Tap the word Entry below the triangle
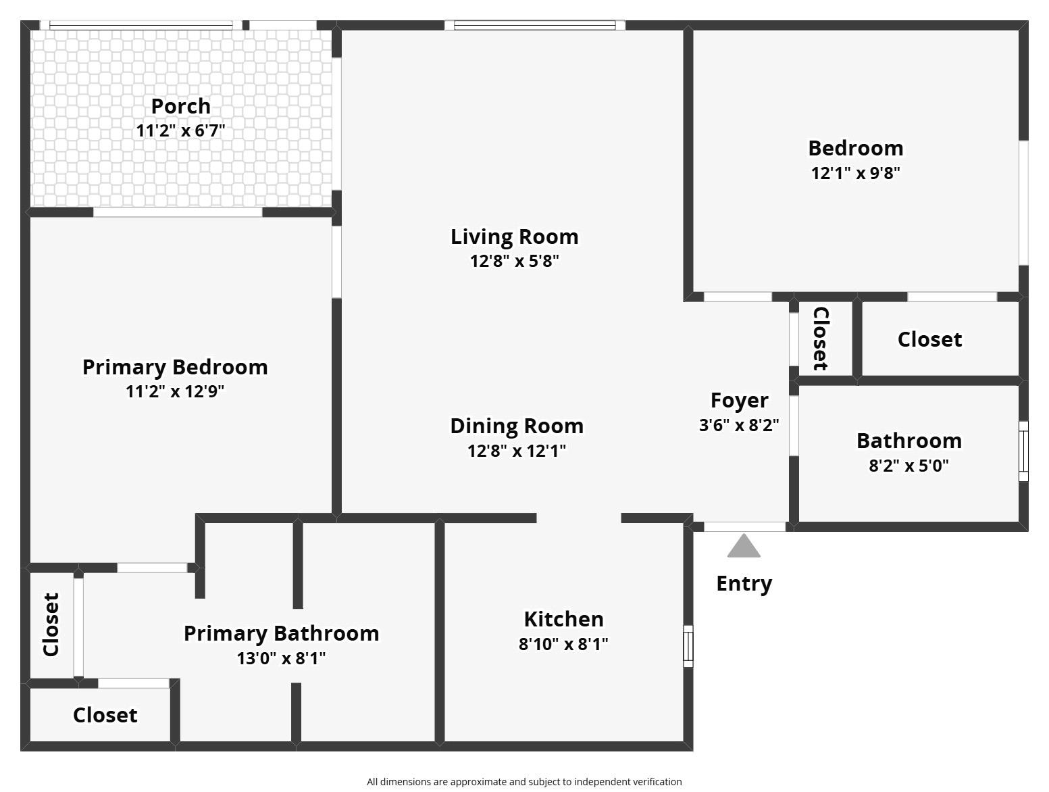[x=744, y=583]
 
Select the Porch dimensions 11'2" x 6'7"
[x=180, y=130]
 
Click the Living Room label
[x=514, y=237]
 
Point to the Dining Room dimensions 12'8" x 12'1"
[x=516, y=451]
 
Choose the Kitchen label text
[x=563, y=619]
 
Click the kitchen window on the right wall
[x=688, y=645]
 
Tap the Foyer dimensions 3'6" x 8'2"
[x=739, y=425]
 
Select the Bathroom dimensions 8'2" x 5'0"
[x=909, y=466]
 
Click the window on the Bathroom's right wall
[x=1023, y=451]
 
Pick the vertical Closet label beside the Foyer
[x=820, y=339]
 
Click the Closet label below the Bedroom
[x=929, y=339]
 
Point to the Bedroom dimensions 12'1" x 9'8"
[x=855, y=173]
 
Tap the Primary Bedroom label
[x=175, y=367]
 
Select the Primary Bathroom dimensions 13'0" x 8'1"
[x=281, y=658]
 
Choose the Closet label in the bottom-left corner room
[x=105, y=715]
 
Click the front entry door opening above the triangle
[x=744, y=526]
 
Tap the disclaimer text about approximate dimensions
[x=524, y=781]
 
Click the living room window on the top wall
[x=534, y=26]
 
